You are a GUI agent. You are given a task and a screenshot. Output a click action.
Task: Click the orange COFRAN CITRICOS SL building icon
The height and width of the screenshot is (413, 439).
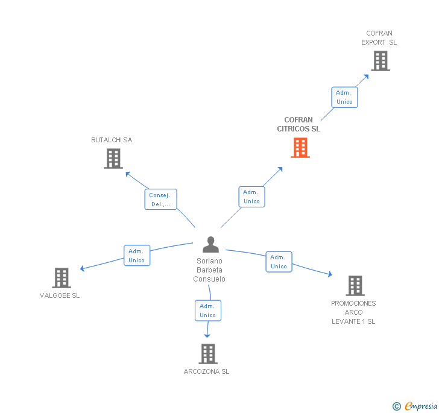300,148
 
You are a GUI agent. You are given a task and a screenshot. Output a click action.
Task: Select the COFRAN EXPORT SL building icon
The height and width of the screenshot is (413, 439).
380,61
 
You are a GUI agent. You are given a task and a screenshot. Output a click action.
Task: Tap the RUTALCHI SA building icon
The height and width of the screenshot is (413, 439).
113,159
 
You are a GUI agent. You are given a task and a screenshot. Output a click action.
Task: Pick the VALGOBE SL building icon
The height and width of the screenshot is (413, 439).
62,278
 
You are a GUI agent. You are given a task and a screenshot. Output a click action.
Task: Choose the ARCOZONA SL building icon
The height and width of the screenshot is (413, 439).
208,354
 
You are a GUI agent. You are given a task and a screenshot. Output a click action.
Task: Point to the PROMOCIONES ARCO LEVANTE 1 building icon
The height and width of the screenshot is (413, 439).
355,286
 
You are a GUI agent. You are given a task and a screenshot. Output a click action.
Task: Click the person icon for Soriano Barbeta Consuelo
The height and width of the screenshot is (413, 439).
210,245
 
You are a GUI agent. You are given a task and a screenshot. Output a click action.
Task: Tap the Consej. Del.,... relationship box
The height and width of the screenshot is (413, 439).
160,200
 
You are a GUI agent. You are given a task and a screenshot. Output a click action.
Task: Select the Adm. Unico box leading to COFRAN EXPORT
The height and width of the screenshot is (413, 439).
344,97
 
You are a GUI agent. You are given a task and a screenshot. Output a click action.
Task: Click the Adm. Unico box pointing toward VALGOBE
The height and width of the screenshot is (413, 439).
137,256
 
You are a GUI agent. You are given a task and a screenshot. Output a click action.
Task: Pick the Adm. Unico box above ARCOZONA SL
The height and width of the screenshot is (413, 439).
208,311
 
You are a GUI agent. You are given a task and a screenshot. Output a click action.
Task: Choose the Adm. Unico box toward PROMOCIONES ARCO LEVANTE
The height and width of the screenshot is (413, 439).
279,262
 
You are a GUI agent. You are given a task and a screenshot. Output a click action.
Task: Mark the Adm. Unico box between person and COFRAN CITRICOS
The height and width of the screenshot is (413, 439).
251,197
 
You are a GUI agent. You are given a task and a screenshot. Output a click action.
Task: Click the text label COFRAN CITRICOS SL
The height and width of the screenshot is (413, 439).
298,124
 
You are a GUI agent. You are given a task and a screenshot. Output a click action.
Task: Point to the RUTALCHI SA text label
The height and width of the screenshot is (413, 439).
112,140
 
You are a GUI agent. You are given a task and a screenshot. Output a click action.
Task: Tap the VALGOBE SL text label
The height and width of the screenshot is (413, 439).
60,295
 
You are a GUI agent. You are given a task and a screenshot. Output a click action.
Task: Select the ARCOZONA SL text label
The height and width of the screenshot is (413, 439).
206,371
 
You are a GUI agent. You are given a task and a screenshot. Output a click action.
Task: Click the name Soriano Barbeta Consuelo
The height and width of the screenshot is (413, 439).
209,270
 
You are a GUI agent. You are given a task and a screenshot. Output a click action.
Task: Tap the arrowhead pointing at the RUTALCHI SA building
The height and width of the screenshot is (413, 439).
127,174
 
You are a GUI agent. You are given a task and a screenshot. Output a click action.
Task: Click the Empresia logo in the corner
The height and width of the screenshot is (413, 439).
415,406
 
